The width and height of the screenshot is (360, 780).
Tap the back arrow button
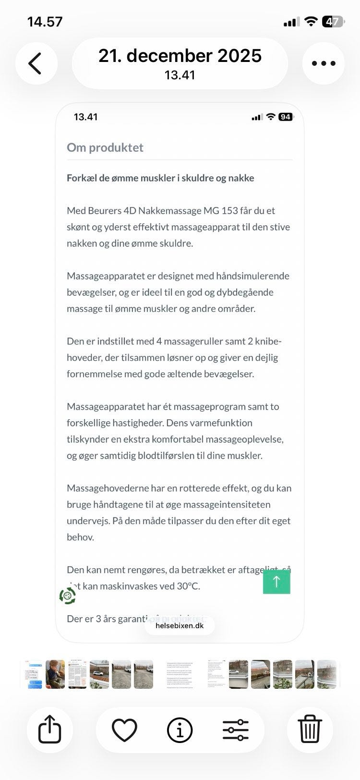pos(36,63)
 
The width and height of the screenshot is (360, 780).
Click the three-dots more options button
pos(323,63)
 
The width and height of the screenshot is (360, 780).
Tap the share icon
pos(50,729)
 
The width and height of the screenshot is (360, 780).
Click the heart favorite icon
pos(124,730)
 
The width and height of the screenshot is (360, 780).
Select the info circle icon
pos(180,730)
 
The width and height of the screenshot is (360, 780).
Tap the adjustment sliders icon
pos(235,730)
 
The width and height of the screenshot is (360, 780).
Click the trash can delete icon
pos(310,729)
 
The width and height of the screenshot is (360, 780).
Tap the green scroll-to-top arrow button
pos(276,582)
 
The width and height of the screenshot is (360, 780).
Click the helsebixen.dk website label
pos(180,625)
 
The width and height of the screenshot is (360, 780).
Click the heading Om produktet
pos(105,147)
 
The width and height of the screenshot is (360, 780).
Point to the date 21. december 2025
pos(180,56)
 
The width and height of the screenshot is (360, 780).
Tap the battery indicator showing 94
pos(285,117)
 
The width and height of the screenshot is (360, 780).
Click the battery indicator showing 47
pos(332,22)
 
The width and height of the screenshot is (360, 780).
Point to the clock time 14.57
pos(45,22)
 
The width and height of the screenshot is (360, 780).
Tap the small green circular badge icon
pos(68,596)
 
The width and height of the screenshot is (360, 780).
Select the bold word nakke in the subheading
pos(242,178)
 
